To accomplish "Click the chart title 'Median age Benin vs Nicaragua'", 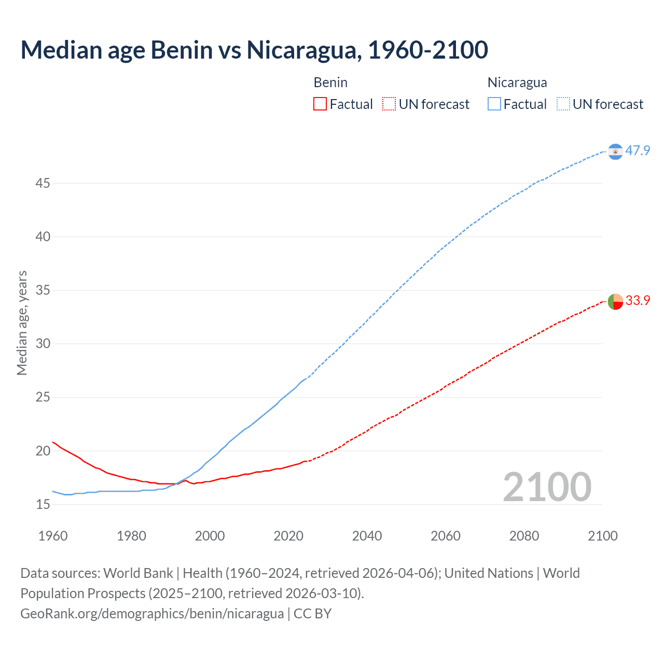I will pyautogui.click(x=254, y=50).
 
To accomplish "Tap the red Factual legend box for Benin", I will pyautogui.click(x=320, y=104).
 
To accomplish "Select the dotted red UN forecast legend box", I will pyautogui.click(x=389, y=104).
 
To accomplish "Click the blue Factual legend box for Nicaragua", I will pyautogui.click(x=494, y=104).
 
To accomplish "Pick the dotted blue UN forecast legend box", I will pyautogui.click(x=563, y=104).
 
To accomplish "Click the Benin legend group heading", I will pyautogui.click(x=330, y=82).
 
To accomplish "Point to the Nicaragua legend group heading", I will pyautogui.click(x=517, y=82).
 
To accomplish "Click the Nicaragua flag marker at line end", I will pyautogui.click(x=615, y=151).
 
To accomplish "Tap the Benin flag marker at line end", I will pyautogui.click(x=615, y=301).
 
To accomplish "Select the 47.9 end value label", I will pyautogui.click(x=638, y=150).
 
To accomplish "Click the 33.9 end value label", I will pyautogui.click(x=638, y=300).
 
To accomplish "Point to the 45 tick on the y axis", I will pyautogui.click(x=43, y=183).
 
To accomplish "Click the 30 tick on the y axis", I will pyautogui.click(x=43, y=343).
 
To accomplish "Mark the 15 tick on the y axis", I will pyautogui.click(x=43, y=504).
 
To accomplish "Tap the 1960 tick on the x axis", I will pyautogui.click(x=53, y=536).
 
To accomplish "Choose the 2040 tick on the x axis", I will pyautogui.click(x=367, y=536).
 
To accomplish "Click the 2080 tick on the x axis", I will pyautogui.click(x=524, y=536).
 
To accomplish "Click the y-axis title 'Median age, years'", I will pyautogui.click(x=22, y=323).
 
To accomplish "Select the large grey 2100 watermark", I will pyautogui.click(x=547, y=487).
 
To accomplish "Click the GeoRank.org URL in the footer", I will pyautogui.click(x=152, y=614).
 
